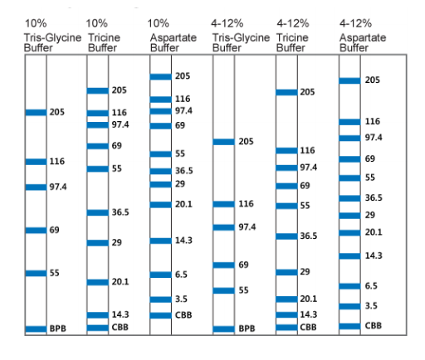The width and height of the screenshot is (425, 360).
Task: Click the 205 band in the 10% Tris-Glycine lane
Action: click(x=36, y=112)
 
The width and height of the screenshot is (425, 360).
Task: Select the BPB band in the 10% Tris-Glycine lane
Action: click(x=36, y=328)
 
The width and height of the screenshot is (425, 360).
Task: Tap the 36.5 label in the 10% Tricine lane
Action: click(x=120, y=212)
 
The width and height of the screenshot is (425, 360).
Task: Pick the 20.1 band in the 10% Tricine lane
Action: click(x=98, y=282)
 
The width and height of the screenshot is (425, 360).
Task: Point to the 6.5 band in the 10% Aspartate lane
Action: click(x=161, y=275)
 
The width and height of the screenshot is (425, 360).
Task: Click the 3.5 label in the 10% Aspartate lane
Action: click(x=181, y=299)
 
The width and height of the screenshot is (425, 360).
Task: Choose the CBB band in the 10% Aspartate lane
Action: click(x=161, y=315)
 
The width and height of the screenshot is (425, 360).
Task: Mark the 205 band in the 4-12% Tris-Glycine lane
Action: click(x=224, y=142)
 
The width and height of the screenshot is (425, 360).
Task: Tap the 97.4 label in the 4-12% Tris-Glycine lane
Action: click(x=247, y=227)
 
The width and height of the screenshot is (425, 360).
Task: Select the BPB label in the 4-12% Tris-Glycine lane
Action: click(x=247, y=328)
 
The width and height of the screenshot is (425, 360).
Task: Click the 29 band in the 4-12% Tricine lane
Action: click(x=286, y=272)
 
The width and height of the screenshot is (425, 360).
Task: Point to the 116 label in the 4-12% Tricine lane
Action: click(x=307, y=150)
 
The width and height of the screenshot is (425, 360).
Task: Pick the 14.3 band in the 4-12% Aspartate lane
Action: click(x=349, y=256)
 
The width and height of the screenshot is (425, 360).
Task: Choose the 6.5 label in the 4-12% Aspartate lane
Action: click(x=371, y=286)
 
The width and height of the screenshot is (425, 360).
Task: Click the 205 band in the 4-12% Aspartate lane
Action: click(x=349, y=80)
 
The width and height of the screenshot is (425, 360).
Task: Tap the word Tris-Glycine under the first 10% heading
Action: click(x=52, y=37)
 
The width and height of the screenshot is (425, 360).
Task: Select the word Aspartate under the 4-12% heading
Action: click(x=363, y=37)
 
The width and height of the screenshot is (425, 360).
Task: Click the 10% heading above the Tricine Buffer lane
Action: click(x=96, y=23)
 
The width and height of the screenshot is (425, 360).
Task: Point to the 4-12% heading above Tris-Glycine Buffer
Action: click(x=227, y=23)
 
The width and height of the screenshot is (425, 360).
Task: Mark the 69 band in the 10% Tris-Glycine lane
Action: click(x=36, y=231)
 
